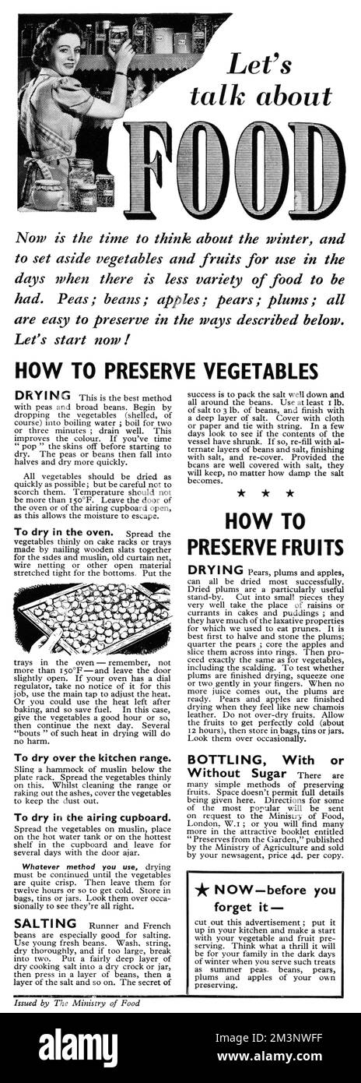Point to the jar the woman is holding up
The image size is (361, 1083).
tap(119, 34)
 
